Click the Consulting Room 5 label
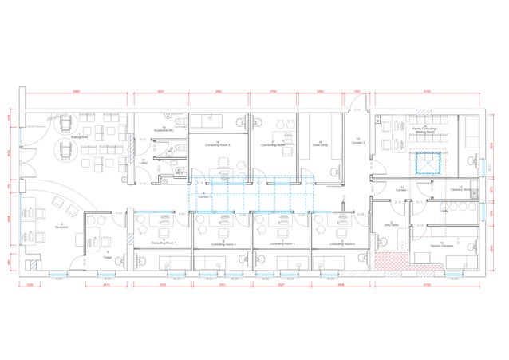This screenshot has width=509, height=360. pos(217,144)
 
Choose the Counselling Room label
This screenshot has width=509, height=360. pos(273,144)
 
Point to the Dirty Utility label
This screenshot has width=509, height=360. pos(392,225)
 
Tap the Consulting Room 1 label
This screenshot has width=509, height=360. pos(165,242)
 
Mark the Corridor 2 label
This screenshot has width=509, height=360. pos(402,189)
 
